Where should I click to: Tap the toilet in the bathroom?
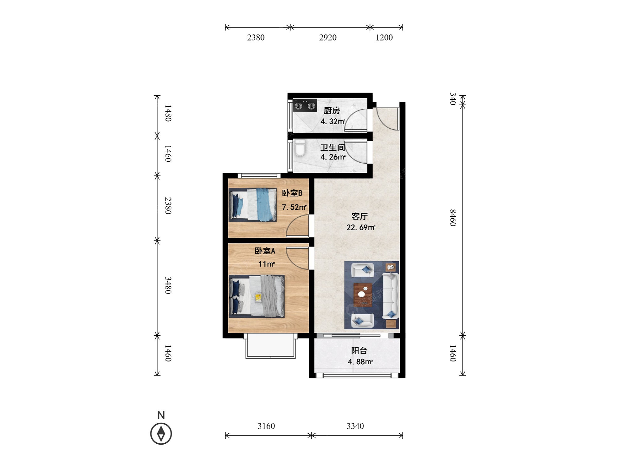[x=300, y=148]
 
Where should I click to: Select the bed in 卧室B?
[x=253, y=205]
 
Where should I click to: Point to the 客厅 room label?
[x=360, y=216]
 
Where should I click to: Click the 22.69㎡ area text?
[x=361, y=227]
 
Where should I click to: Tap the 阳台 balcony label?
[x=359, y=351]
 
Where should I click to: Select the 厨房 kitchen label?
[x=332, y=111]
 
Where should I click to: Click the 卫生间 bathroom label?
[x=333, y=147]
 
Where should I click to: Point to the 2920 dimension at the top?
[x=328, y=38]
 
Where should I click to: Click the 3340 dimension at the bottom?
[x=355, y=426]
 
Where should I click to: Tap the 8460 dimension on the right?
[x=452, y=218]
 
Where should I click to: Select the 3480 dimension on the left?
[x=168, y=285]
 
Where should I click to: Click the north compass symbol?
[x=161, y=434]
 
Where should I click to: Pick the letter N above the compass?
[x=161, y=415]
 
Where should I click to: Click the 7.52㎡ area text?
[x=294, y=207]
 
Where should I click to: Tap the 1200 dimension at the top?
[x=384, y=38]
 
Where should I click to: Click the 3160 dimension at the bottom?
[x=266, y=426]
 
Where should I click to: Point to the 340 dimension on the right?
[x=452, y=99]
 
